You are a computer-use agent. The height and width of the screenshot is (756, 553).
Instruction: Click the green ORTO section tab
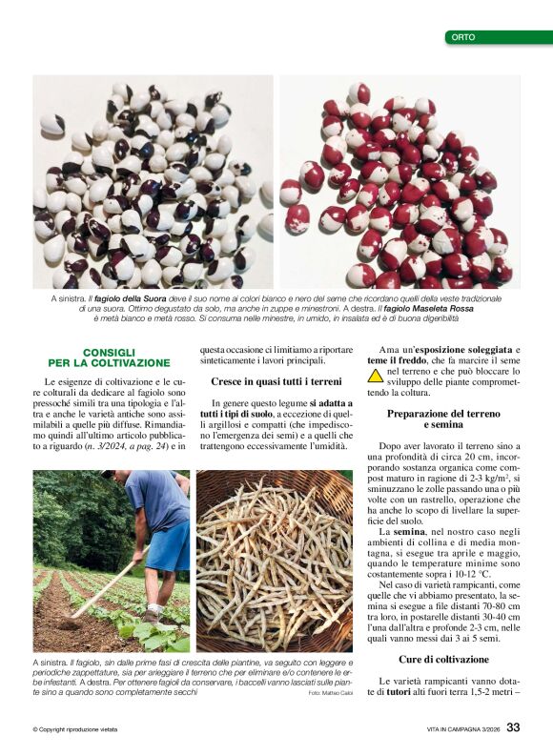click(x=497, y=37)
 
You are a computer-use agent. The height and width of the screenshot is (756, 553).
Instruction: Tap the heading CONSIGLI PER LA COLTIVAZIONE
click(x=126, y=358)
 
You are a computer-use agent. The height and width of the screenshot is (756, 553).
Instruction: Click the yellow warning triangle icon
click(x=376, y=376)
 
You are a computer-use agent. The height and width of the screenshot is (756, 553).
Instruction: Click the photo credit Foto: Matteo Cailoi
click(x=330, y=693)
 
